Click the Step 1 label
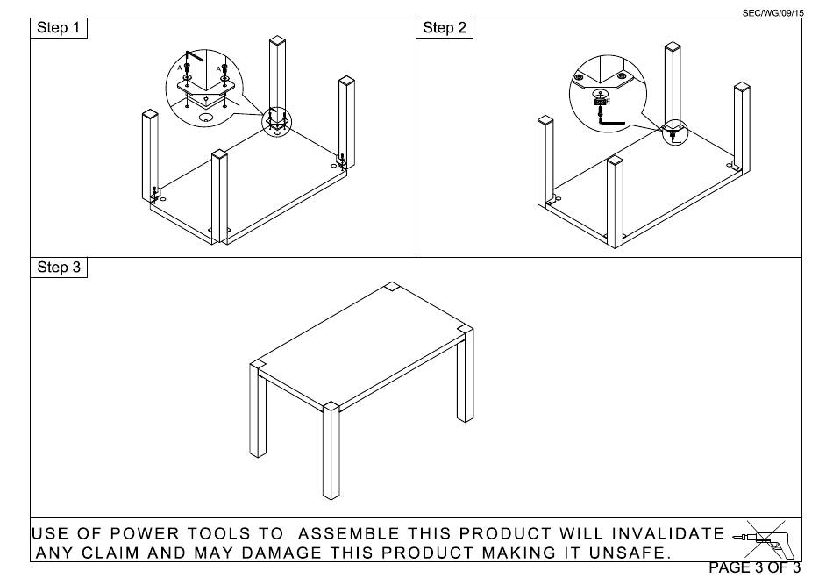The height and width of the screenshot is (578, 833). point(60,28)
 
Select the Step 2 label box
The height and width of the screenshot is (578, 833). point(445,28)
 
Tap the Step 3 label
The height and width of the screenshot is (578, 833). point(60,268)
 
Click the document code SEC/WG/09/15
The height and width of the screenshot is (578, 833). point(772,11)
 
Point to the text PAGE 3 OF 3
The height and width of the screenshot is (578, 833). point(754,568)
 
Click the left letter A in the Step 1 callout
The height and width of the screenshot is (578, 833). point(180,67)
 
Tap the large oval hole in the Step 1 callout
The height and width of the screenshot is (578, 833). point(206,116)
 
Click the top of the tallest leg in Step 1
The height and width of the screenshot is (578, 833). point(277,40)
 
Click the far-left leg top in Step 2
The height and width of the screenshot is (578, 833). point(545,120)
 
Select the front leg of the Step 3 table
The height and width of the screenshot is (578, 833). point(331,452)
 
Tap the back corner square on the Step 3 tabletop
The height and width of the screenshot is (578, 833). point(391,287)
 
